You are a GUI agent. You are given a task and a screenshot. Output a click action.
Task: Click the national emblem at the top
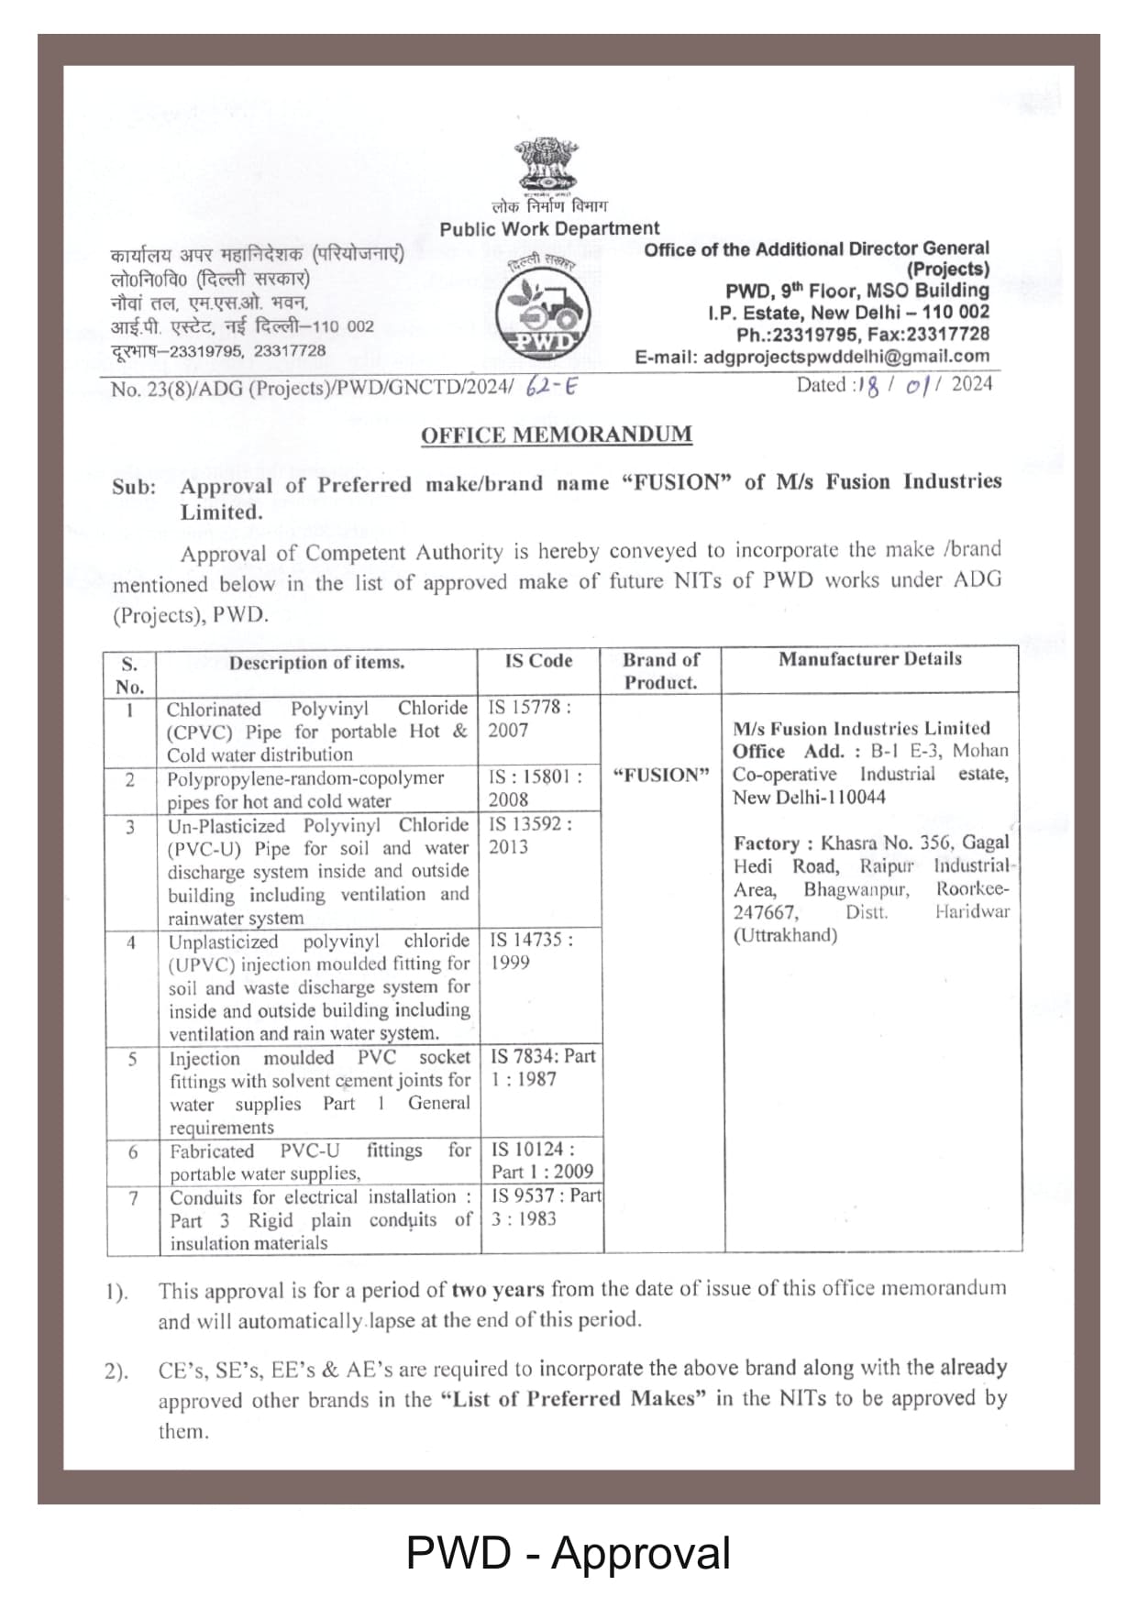(x=547, y=166)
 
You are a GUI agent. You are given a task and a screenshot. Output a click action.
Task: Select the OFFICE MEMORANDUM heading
(x=556, y=435)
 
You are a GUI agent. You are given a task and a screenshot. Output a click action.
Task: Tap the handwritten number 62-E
(x=552, y=386)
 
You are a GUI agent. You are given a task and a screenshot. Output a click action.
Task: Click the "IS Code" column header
(x=538, y=661)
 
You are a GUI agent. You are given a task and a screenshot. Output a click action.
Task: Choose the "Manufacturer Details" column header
(x=869, y=659)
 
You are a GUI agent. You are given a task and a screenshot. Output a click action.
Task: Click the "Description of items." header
(x=316, y=663)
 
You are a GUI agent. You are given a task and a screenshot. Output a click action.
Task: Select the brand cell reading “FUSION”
(x=661, y=776)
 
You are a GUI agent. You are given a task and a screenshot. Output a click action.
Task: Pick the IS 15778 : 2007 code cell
(x=529, y=719)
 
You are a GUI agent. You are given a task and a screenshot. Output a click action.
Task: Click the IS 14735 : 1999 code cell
(x=531, y=951)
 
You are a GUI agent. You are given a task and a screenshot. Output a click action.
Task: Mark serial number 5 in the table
(x=132, y=1060)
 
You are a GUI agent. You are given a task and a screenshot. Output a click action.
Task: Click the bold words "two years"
(x=498, y=1290)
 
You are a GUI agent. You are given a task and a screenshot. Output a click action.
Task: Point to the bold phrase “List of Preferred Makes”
(x=573, y=1399)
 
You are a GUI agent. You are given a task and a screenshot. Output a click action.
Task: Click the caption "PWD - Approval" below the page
(x=568, y=1553)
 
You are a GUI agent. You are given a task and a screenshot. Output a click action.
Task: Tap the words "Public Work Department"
(x=549, y=229)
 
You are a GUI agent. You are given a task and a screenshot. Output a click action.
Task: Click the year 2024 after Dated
(x=971, y=384)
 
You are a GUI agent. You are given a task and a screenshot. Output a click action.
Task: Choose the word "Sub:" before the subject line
(x=134, y=487)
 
